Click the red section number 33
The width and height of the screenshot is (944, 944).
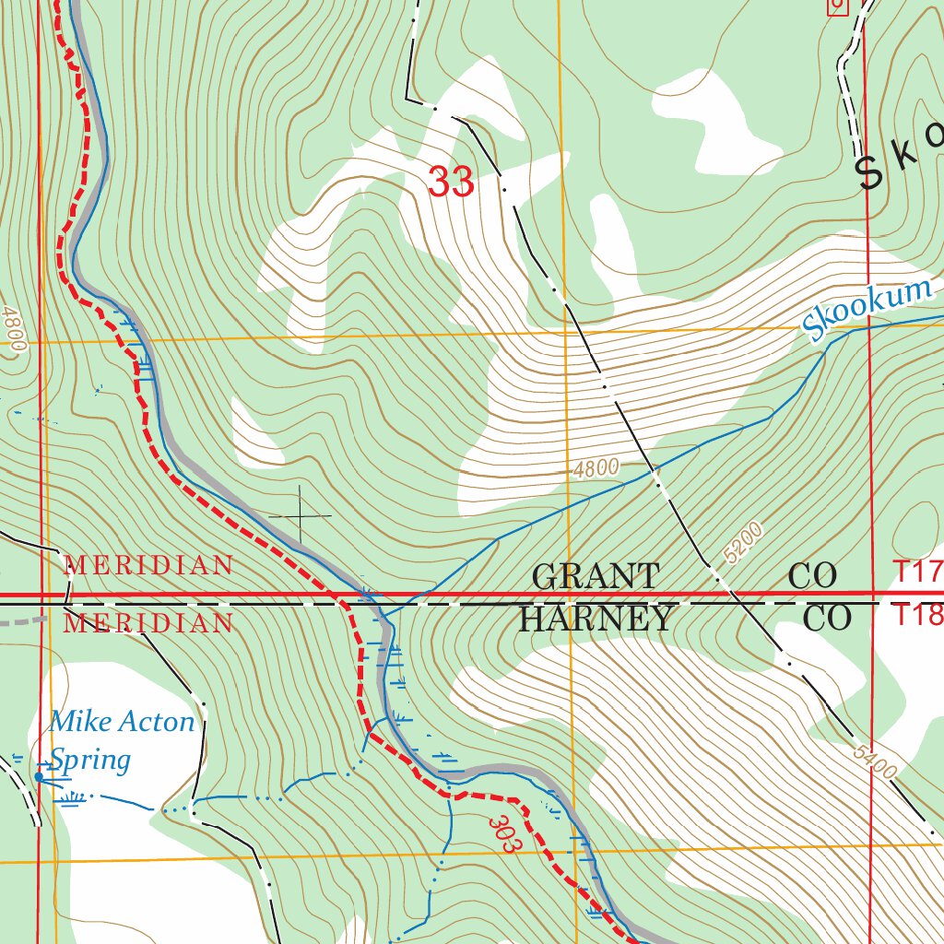451,182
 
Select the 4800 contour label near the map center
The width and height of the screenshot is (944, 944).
596,468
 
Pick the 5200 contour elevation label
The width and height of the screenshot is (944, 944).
745,543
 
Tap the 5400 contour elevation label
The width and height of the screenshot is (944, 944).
874,761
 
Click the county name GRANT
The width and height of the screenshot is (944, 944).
596,577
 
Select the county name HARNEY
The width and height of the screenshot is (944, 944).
596,619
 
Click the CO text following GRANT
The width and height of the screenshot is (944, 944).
812,577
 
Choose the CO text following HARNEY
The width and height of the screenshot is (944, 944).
827,619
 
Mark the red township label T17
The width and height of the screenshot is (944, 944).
917,572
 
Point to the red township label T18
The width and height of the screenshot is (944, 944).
917,615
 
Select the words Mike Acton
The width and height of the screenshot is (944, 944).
122,722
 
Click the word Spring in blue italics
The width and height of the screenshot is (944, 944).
89,760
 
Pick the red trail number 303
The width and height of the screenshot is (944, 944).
501,834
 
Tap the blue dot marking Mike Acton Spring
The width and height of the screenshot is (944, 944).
38,777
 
